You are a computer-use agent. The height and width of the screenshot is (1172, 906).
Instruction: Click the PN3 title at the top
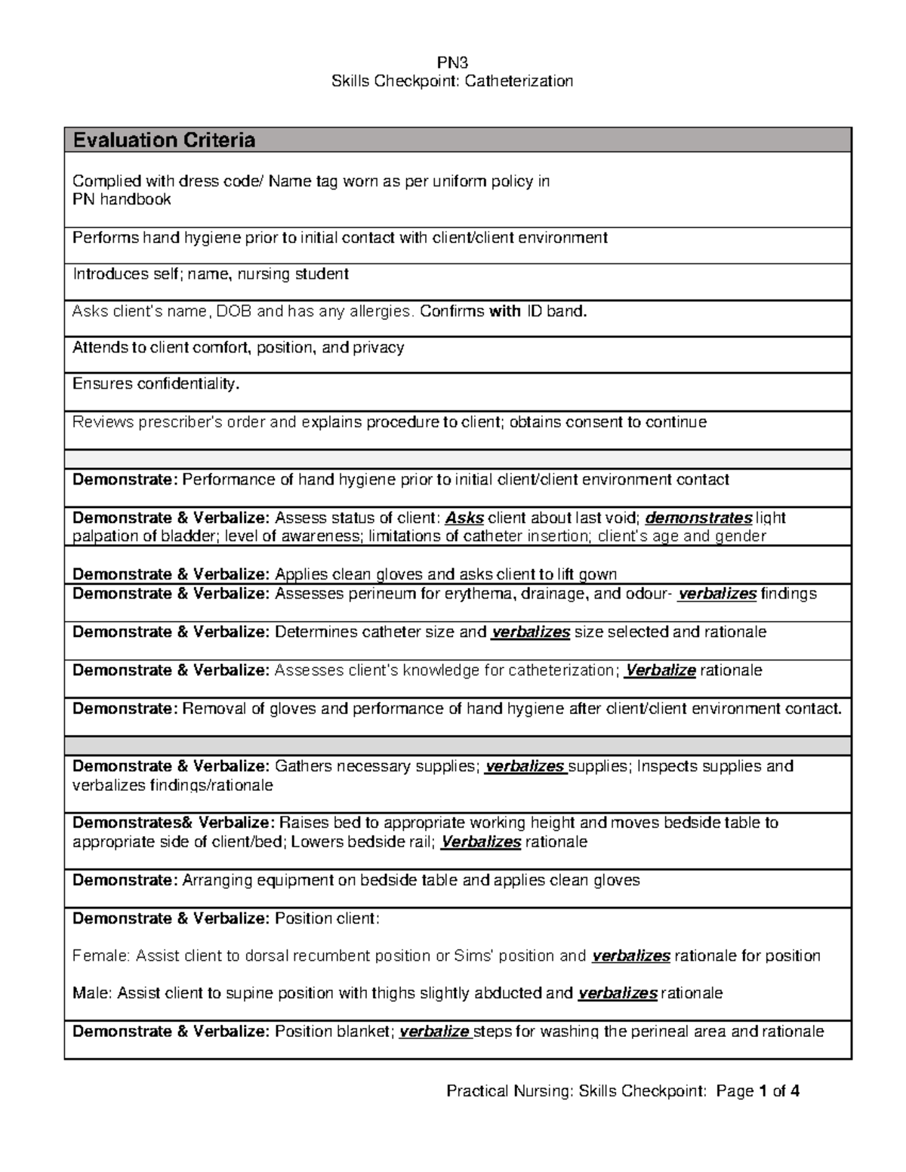453,63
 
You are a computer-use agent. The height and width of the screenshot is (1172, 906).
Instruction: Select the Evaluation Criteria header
164,140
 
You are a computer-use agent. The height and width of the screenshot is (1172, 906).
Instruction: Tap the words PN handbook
122,199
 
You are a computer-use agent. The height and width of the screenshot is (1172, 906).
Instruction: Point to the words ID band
556,311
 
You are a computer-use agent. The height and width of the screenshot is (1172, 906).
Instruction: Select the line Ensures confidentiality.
156,384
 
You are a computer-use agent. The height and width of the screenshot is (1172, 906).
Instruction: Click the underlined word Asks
464,518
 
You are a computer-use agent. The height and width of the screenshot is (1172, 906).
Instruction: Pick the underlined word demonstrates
699,518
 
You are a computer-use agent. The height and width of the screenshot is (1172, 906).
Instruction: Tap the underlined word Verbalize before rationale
660,670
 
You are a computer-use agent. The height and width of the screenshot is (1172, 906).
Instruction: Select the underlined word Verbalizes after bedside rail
480,841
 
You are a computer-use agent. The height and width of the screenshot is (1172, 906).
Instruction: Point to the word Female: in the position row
100,956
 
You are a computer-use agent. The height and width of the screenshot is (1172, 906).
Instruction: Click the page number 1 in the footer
764,1090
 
